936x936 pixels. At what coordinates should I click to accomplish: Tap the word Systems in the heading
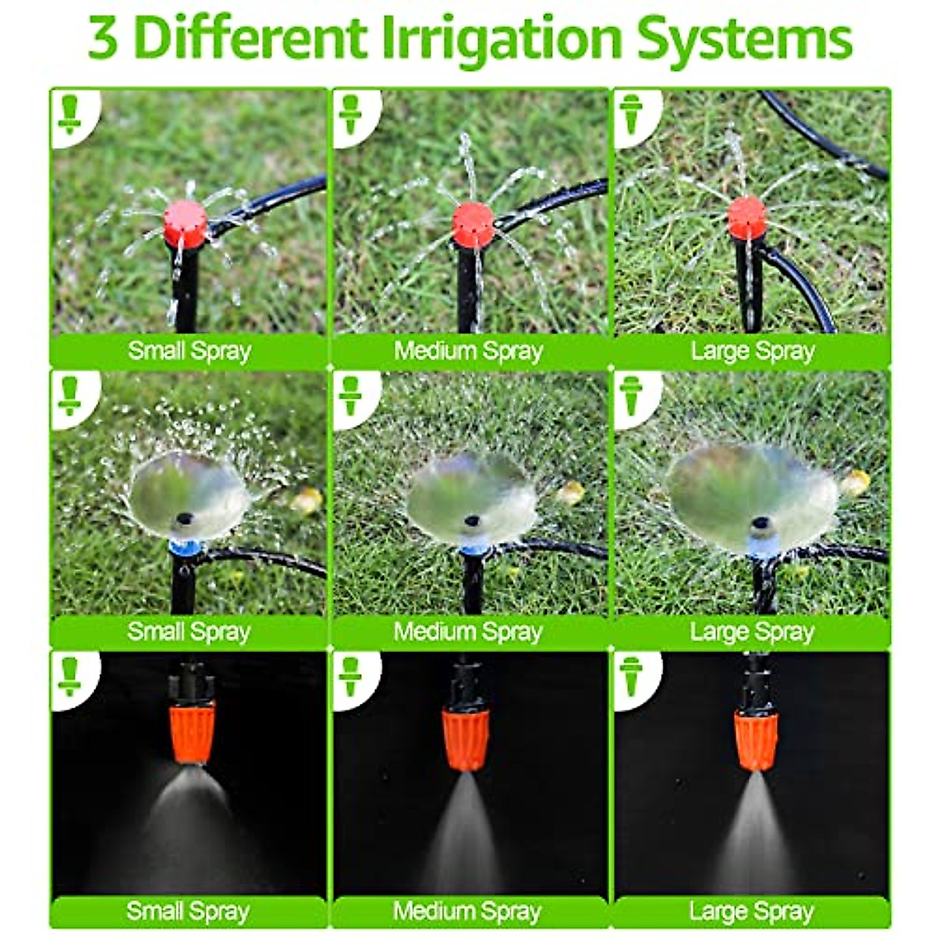[744, 39]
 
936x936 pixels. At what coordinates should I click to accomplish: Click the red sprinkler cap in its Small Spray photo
[186, 222]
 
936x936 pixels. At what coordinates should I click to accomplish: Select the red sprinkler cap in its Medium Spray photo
[473, 224]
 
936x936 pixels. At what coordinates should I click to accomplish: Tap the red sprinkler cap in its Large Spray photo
[746, 218]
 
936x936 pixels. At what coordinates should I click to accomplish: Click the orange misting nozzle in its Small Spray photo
[192, 731]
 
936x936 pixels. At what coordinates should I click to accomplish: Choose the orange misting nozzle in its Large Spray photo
[756, 738]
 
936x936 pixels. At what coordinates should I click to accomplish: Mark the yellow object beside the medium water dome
[570, 492]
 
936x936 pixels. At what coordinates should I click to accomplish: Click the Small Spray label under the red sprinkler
[189, 351]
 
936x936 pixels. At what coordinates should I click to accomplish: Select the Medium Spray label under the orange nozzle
[468, 911]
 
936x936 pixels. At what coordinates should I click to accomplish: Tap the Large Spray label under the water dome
[752, 632]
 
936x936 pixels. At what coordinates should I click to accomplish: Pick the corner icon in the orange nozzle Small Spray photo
[70, 675]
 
